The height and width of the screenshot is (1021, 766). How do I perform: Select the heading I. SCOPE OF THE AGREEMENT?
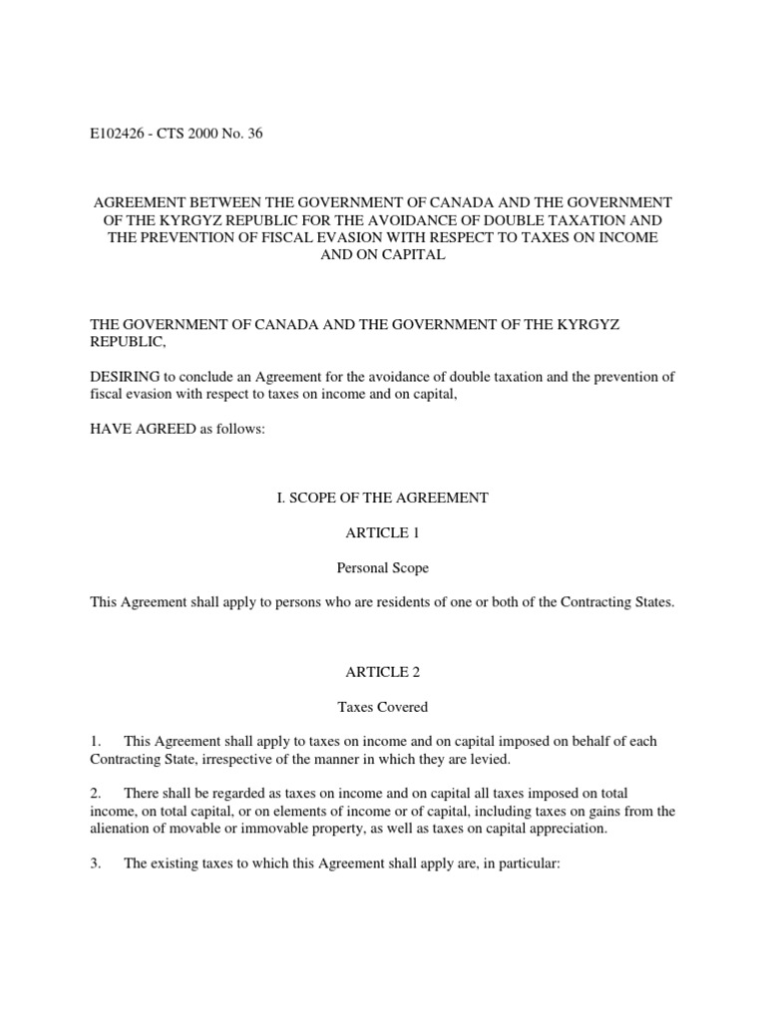click(x=382, y=498)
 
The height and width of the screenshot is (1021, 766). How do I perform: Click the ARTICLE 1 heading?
click(x=382, y=534)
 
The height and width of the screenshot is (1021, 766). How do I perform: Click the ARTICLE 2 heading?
click(x=382, y=672)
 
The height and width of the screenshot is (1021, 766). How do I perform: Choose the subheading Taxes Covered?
click(x=382, y=708)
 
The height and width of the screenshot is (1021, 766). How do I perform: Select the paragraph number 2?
click(x=96, y=794)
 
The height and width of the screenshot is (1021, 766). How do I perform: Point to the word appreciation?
click(x=572, y=830)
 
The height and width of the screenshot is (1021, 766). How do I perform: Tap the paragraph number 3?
click(x=96, y=864)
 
